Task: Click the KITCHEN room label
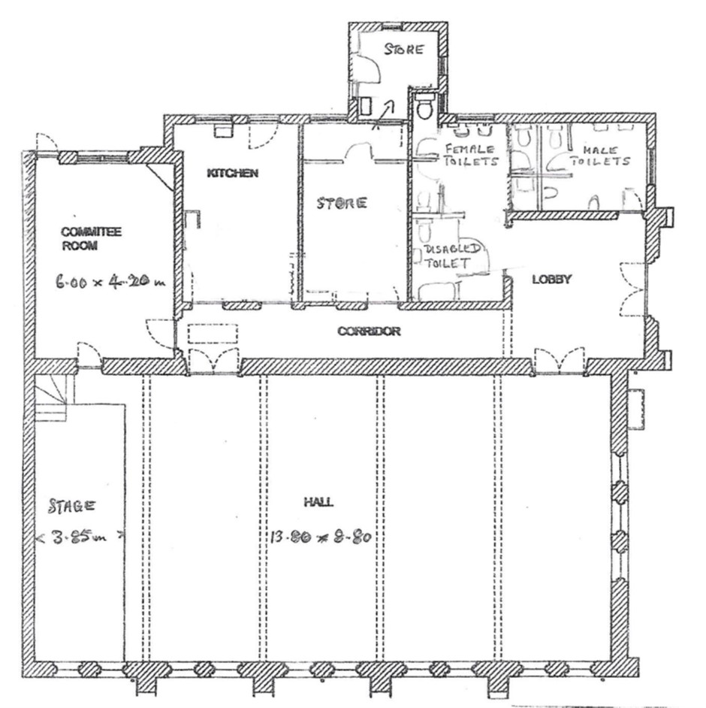(x=232, y=173)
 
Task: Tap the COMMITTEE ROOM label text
(x=91, y=239)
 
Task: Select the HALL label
(x=318, y=501)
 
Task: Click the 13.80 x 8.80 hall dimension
(x=321, y=537)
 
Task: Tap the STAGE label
(x=72, y=506)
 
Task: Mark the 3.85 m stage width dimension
(x=80, y=537)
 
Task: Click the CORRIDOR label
(x=369, y=331)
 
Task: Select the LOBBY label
(x=552, y=279)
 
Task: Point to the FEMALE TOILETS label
(x=471, y=155)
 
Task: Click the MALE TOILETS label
(x=599, y=156)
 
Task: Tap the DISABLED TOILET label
(x=451, y=256)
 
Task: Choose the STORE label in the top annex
(x=404, y=49)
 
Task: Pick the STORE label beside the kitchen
(x=342, y=203)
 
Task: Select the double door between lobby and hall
(x=560, y=361)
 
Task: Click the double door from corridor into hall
(x=213, y=361)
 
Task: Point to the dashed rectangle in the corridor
(x=213, y=334)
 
